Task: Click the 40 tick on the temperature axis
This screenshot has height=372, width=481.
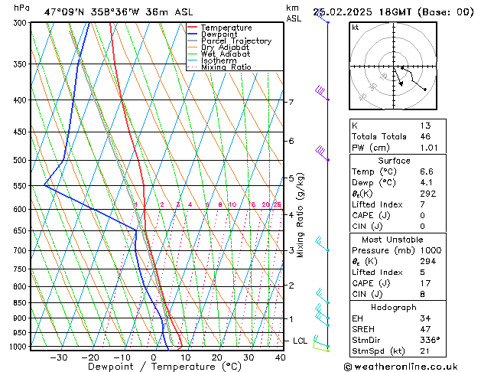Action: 280,357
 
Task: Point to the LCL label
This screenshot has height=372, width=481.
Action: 301,341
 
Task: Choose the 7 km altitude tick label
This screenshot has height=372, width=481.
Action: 291,102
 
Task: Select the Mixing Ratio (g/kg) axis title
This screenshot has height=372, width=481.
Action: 301,215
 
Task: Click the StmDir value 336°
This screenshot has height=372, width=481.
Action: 430,340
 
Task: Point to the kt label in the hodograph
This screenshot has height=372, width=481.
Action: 355,28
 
